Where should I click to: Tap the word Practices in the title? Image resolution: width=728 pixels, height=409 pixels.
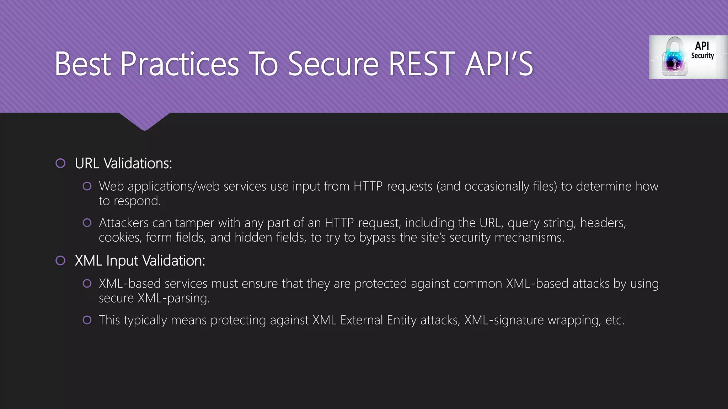[x=180, y=64]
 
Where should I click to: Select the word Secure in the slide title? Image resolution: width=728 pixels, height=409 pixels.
[x=333, y=64]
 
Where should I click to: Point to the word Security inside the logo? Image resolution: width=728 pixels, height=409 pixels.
[x=702, y=56]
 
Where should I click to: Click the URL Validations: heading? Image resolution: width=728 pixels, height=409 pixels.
[x=123, y=163]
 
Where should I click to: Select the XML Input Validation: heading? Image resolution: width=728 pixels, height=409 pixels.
[x=140, y=261]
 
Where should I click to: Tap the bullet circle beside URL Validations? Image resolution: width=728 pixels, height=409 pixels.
[x=60, y=163]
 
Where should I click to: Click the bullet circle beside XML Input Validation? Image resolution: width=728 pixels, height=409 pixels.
[x=60, y=261]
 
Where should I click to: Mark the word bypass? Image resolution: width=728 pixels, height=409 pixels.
[x=377, y=238]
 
